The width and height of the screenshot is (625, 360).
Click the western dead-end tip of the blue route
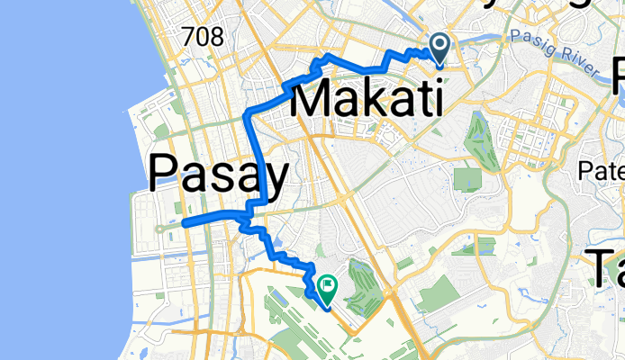tap(183, 222)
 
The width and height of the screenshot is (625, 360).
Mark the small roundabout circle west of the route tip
tap(159, 229)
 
